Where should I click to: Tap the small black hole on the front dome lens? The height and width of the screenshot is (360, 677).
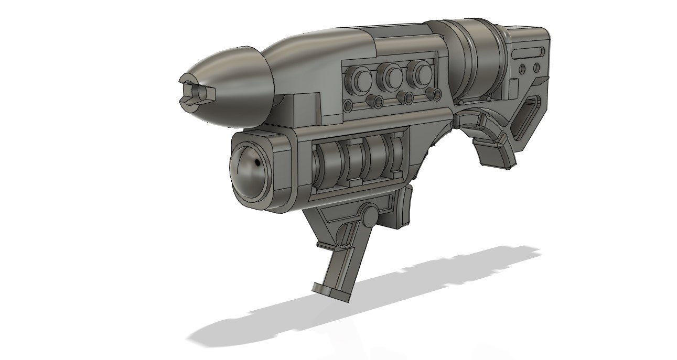[258, 165]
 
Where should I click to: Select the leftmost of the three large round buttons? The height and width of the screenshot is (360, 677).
[361, 79]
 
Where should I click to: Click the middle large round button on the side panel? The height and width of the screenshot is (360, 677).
[392, 77]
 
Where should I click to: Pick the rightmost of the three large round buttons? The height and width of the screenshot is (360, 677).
[420, 74]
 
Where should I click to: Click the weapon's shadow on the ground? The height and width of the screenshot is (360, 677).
[367, 304]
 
